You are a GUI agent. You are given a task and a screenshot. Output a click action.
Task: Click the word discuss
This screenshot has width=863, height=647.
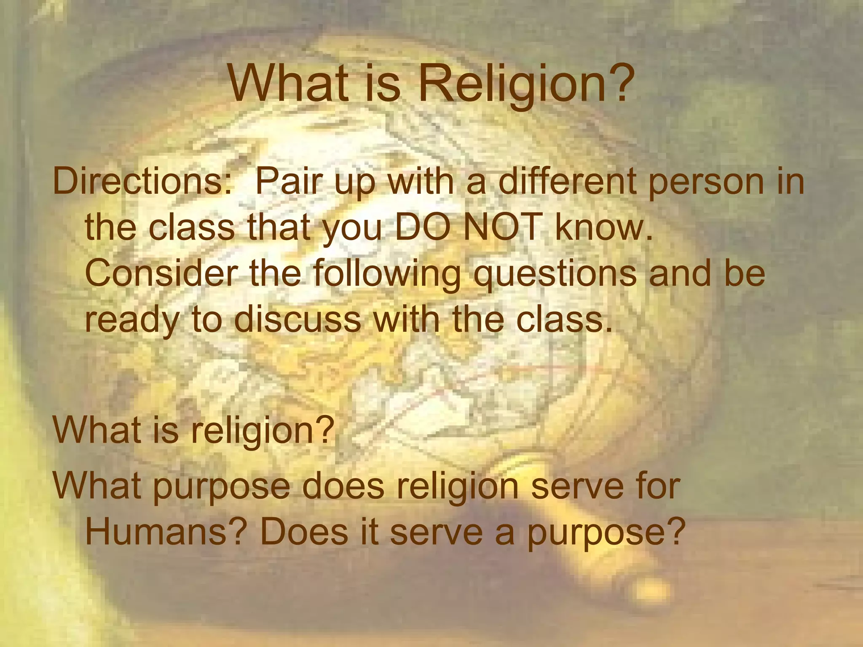tap(297, 319)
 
